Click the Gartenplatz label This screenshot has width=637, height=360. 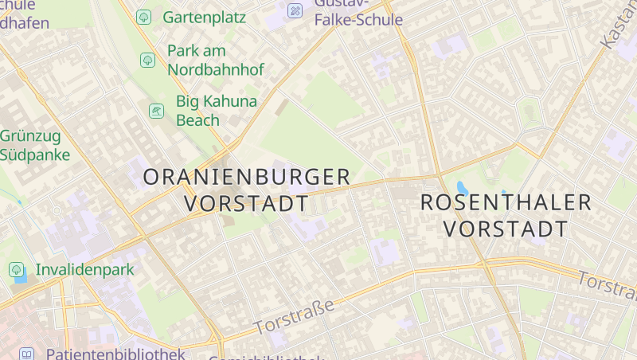pos(204,16)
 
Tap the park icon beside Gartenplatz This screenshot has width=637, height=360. pos(144,16)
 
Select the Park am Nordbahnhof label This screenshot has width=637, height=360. pos(215,60)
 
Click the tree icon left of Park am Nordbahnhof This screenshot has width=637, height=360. pos(147,60)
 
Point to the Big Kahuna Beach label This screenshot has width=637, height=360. pos(205,111)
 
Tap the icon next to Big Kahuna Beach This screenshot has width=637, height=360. pos(157,111)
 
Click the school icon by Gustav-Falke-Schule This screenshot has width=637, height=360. pos(295,10)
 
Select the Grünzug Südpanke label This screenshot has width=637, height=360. pos(35,145)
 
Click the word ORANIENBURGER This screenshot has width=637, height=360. pos(247,178)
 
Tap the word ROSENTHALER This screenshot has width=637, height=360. pos(506,202)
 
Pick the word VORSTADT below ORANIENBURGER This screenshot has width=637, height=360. pos(246,204)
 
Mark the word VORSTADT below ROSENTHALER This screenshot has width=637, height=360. pos(506,229)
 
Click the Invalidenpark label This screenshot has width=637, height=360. pos(85,270)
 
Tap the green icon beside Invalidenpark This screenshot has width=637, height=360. pos(17,270)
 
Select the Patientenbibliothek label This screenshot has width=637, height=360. pos(115,354)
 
